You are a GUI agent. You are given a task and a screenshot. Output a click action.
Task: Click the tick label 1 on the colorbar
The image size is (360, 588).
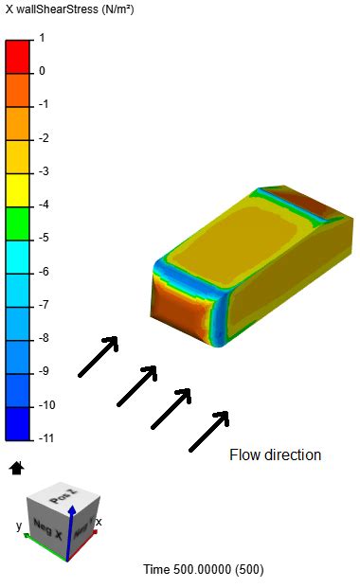[x=42, y=39]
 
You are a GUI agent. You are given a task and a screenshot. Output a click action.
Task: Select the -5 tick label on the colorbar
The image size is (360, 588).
[x=42, y=239]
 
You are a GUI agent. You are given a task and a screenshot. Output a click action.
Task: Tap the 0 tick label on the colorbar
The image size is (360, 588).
[x=42, y=72]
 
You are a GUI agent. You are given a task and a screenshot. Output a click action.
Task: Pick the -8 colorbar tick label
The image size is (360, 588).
[x=42, y=339]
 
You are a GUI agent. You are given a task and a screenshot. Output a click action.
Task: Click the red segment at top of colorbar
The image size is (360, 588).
[x=18, y=55]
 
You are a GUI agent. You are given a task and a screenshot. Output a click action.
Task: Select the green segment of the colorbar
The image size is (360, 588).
[x=18, y=222]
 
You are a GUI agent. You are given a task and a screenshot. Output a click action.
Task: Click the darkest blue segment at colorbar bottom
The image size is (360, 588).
[x=18, y=422]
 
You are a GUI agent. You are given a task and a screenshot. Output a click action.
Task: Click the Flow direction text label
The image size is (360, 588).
[x=275, y=455]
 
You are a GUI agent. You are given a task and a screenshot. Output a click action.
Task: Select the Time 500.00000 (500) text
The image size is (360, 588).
[x=204, y=569]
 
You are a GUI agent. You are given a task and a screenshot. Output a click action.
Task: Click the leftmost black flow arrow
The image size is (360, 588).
[x=98, y=357]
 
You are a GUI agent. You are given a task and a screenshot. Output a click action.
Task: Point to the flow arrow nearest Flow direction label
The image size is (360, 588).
[x=209, y=431]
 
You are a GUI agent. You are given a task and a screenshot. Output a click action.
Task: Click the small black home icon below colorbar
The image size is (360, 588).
[x=16, y=467]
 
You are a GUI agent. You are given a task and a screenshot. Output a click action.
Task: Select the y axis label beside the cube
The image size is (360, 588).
[x=19, y=526]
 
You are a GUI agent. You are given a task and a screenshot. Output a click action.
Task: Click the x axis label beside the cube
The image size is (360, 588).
[x=99, y=522]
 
